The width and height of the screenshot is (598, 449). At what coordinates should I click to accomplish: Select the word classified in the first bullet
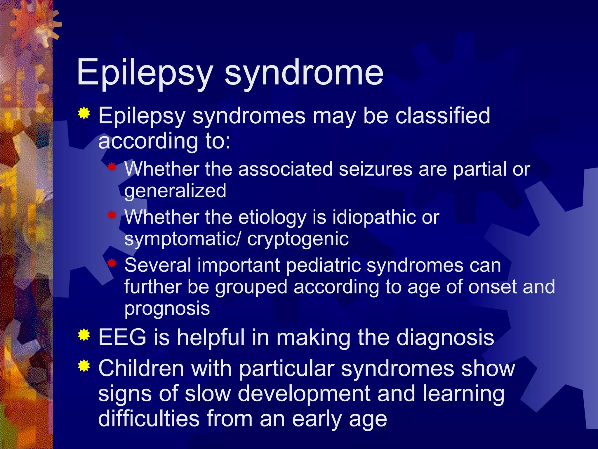(x=443, y=116)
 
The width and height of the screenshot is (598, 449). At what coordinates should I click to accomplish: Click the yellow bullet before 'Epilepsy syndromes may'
(x=84, y=113)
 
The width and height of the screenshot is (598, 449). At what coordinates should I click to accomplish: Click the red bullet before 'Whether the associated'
(x=112, y=167)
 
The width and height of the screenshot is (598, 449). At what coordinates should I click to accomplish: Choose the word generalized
(x=175, y=191)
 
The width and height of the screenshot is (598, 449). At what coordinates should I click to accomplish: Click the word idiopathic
(x=374, y=217)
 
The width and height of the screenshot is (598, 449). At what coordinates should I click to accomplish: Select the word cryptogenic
(x=298, y=239)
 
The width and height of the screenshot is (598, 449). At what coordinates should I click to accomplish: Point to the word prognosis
(x=167, y=309)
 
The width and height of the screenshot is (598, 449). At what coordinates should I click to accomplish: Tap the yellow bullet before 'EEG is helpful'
(x=84, y=335)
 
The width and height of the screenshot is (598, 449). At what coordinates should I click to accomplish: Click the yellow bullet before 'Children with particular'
(x=84, y=366)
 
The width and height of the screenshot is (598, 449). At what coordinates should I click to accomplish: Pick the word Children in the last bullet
(x=141, y=368)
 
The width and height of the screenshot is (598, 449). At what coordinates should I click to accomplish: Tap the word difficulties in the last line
(x=149, y=419)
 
